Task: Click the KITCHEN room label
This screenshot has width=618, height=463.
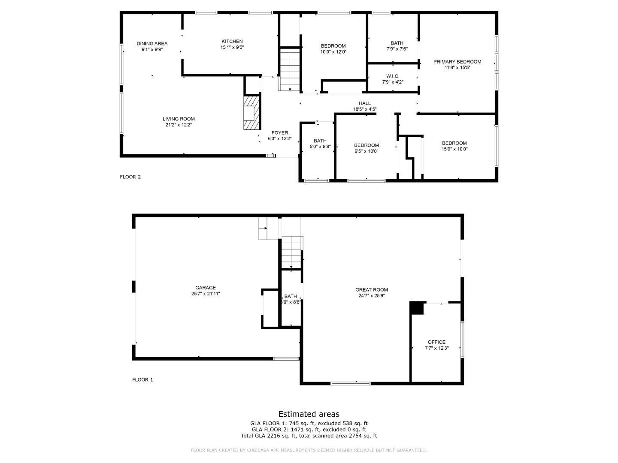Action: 232,42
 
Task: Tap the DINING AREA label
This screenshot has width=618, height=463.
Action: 152,43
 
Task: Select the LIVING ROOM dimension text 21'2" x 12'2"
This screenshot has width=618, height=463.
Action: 179,125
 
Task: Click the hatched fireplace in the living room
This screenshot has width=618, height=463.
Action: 251,112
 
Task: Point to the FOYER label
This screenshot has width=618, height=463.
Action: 279,133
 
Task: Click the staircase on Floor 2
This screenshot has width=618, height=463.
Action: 290,69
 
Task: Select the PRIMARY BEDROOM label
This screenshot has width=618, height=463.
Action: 457,62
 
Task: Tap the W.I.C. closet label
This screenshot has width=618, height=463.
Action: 393,76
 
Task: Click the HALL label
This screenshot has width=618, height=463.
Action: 365,103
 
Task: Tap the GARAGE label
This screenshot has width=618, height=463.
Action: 206,288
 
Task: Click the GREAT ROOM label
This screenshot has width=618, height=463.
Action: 371,290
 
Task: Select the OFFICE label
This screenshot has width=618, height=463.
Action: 436,342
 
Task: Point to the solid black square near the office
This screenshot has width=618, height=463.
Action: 416,308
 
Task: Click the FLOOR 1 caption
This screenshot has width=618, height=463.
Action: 142,379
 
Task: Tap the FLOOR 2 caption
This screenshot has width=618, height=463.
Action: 130,177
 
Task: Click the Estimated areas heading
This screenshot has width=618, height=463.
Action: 309,414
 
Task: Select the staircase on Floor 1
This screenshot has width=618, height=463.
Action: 291,252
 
